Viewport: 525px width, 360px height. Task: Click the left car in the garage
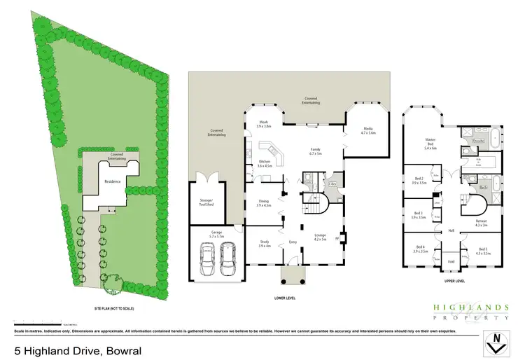pos(206,258)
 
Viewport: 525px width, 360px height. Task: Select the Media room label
pos(368,130)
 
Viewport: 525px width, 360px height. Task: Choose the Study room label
pos(264,244)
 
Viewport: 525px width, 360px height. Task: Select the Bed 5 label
pos(483,250)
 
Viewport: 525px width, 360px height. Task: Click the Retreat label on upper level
pos(481,223)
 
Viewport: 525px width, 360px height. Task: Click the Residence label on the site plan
pos(113,181)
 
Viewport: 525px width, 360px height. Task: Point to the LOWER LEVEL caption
pos(286,298)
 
